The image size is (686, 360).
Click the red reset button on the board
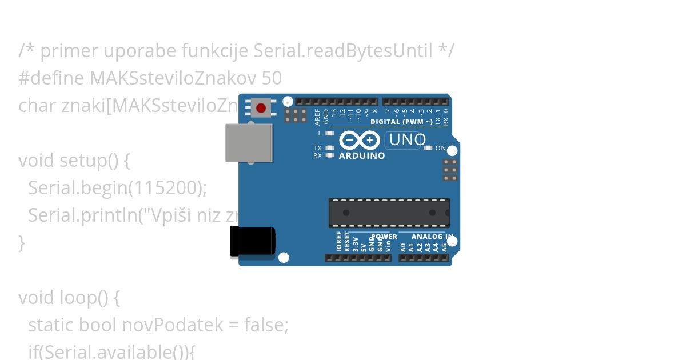pyautogui.click(x=261, y=108)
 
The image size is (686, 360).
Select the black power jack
pyautogui.click(x=252, y=241)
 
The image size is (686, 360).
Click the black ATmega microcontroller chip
pyautogui.click(x=389, y=213)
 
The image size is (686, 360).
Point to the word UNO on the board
pyautogui.click(x=407, y=140)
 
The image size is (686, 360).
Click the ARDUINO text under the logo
pyautogui.click(x=362, y=155)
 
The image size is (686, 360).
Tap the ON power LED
pyautogui.click(x=428, y=148)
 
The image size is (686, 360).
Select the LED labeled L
pyautogui.click(x=329, y=133)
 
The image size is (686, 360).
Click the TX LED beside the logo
pyautogui.click(x=329, y=148)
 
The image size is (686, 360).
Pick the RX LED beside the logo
pyautogui.click(x=329, y=155)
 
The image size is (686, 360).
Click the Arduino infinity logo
pyautogui.click(x=359, y=140)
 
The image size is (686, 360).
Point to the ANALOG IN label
pyautogui.click(x=432, y=237)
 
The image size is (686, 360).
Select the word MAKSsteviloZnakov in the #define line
pyautogui.click(x=173, y=78)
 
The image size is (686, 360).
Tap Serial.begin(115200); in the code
pyautogui.click(x=117, y=187)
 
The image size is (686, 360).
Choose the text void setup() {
pyautogui.click(x=74, y=161)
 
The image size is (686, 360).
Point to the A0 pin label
pyautogui.click(x=403, y=247)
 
